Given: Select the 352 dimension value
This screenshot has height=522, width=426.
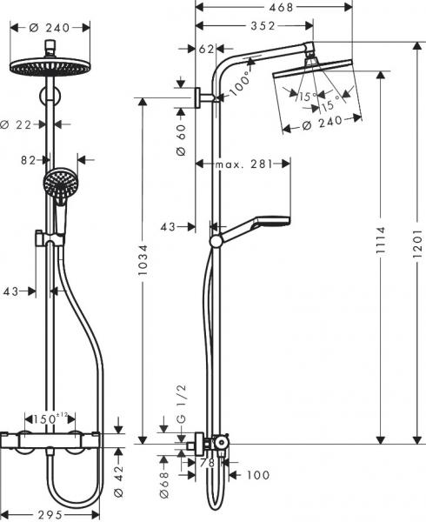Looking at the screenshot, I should pyautogui.click(x=253, y=25).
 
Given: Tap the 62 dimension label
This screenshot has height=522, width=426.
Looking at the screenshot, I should pyautogui.click(x=206, y=49).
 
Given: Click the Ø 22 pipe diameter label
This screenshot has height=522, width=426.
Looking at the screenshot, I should pyautogui.click(x=27, y=125).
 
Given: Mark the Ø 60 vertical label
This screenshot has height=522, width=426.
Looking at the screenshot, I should pyautogui.click(x=182, y=139).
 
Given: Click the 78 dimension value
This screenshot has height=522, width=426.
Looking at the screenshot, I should pyautogui.click(x=207, y=463).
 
